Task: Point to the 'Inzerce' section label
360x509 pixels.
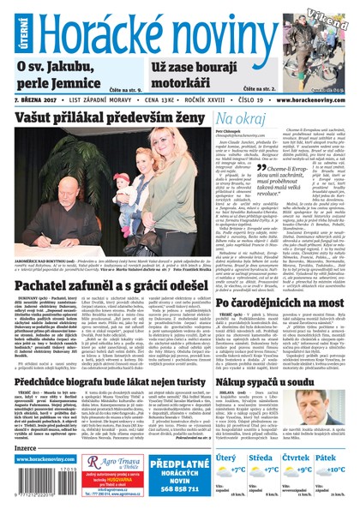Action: pos(29,447)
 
